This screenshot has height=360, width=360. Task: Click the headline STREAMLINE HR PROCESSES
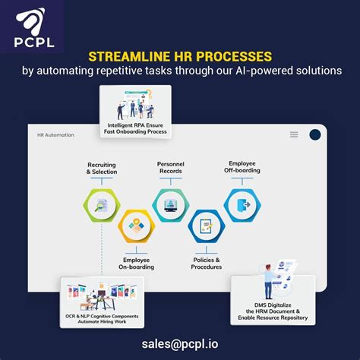(x=180, y=55)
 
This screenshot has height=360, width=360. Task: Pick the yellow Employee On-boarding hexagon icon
(x=137, y=226)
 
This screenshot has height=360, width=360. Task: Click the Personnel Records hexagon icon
(x=170, y=204)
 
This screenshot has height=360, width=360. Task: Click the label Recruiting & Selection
(x=101, y=168)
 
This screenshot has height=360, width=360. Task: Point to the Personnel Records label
(x=171, y=168)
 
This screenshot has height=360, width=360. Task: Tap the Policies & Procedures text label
(x=207, y=263)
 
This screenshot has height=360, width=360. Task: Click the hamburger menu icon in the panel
(x=294, y=134)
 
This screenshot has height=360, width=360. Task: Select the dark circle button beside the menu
(x=315, y=134)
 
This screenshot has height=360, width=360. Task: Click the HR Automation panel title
(x=55, y=135)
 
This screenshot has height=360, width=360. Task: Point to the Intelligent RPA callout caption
(x=136, y=128)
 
